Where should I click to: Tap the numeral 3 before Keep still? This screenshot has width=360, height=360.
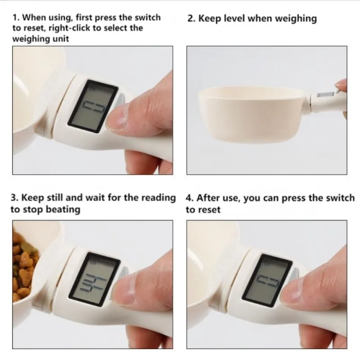coord(14,197)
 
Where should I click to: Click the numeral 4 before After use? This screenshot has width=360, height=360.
coord(190,197)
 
